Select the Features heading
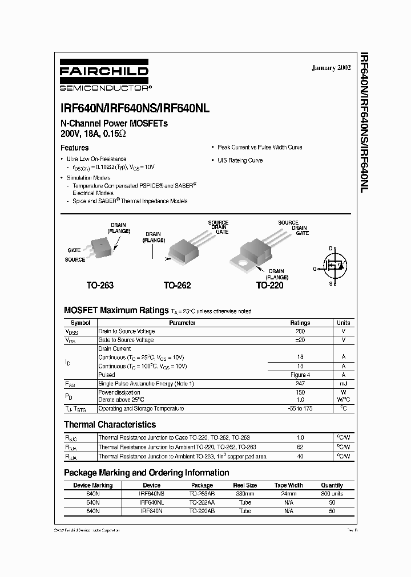(x=75, y=148)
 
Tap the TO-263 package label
(x=99, y=285)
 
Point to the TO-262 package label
(x=177, y=285)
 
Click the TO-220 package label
(x=269, y=285)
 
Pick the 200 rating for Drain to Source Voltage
(x=300, y=331)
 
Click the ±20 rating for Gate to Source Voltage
(x=300, y=340)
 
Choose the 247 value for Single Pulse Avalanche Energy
(x=300, y=384)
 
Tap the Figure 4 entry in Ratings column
(x=300, y=375)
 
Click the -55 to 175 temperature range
(x=300, y=408)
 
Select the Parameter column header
(x=182, y=323)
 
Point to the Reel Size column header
(x=244, y=485)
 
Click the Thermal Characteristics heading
(x=110, y=425)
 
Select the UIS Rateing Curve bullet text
(x=240, y=160)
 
